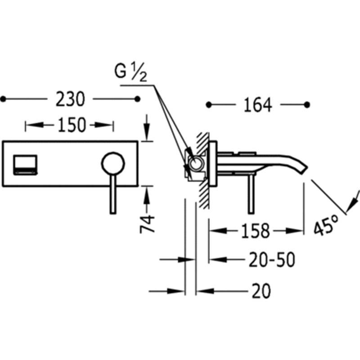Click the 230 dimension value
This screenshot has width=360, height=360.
(70, 99)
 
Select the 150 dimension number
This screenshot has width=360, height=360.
(72, 125)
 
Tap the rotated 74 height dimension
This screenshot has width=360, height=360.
(147, 224)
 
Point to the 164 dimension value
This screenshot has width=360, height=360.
(257, 105)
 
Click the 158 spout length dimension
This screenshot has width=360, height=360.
(255, 230)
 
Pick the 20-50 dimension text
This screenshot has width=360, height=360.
(272, 260)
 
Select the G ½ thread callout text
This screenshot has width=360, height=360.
(130, 72)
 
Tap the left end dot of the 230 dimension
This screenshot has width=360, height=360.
(3, 99)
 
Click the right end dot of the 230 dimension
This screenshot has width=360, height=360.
(137, 99)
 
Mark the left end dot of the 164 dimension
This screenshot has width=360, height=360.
(208, 105)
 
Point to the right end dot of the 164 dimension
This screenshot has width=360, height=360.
(307, 105)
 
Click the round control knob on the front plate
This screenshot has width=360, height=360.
(113, 163)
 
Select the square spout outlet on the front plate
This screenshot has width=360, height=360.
(25, 165)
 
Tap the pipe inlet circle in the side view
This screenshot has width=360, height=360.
(196, 163)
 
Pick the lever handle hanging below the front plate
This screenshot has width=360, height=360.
(113, 194)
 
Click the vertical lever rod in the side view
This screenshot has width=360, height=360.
(251, 194)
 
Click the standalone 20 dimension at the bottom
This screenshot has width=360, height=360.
(261, 291)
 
